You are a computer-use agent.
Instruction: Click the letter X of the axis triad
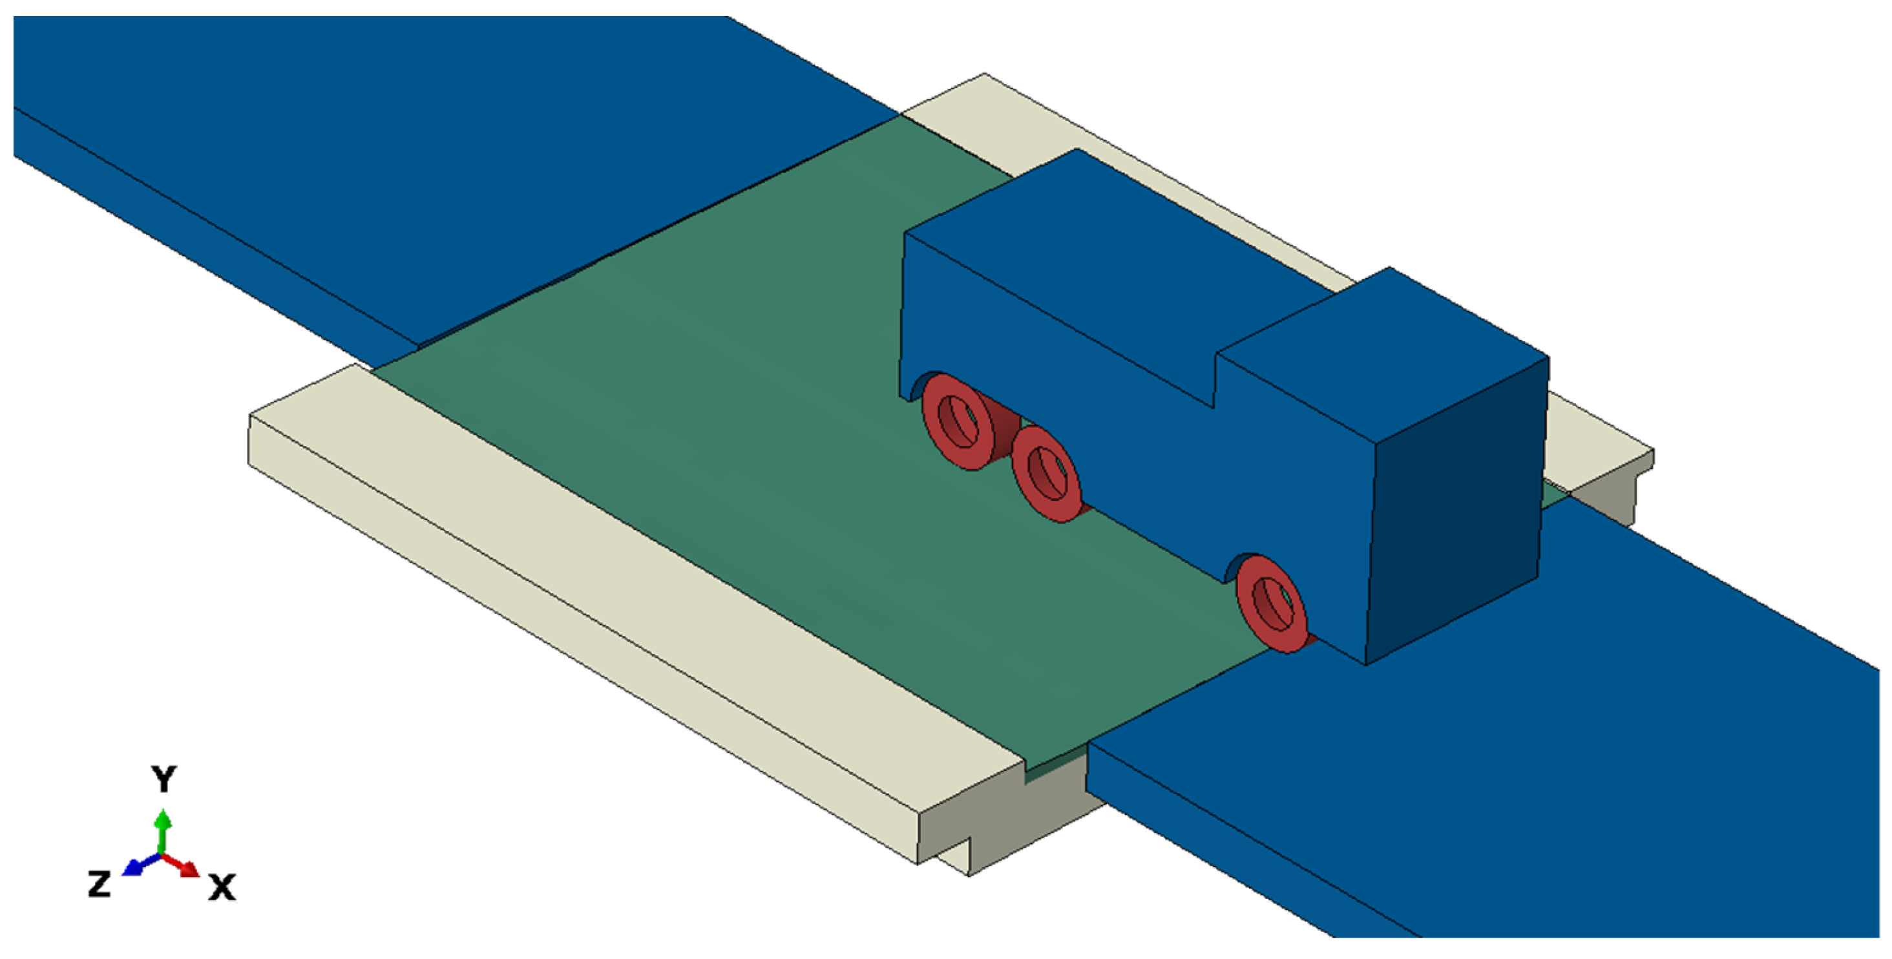(x=222, y=887)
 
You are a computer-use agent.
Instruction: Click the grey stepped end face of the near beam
(x=1028, y=815)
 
